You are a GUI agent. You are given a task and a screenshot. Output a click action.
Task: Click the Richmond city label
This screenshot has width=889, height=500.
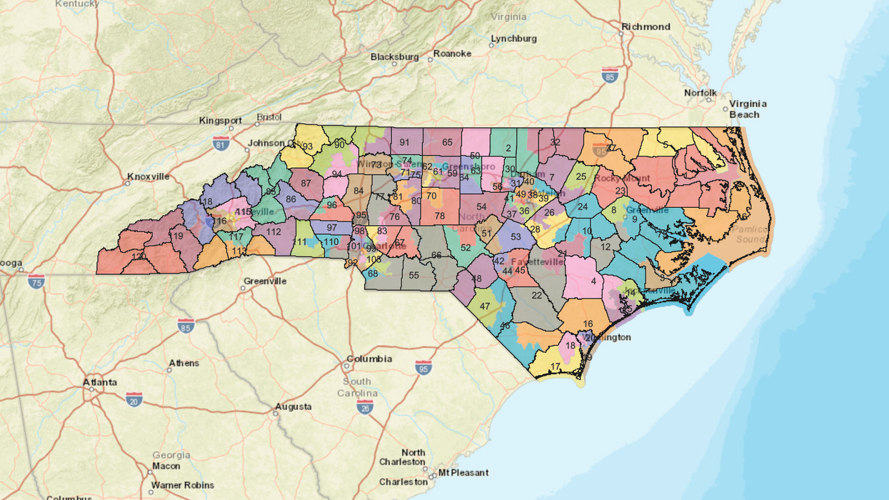[x=646, y=26]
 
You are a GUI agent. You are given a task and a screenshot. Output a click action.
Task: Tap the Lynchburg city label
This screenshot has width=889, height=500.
[x=513, y=39]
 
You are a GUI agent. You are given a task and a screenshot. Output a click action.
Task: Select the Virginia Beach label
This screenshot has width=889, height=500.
[x=744, y=109]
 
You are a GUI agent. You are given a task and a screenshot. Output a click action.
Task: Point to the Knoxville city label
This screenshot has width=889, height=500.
[x=149, y=176]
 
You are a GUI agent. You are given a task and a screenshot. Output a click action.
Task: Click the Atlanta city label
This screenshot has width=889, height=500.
[x=100, y=382]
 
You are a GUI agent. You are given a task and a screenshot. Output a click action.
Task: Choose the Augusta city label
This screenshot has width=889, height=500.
[x=293, y=406]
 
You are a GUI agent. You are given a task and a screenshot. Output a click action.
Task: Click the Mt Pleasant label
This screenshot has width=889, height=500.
[x=463, y=473]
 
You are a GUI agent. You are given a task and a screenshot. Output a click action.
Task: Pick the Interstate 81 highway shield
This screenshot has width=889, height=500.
[x=221, y=144]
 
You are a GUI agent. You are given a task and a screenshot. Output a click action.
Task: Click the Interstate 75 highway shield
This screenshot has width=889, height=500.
[x=36, y=281]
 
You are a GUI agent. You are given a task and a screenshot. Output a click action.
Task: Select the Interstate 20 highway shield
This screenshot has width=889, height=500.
[x=134, y=399]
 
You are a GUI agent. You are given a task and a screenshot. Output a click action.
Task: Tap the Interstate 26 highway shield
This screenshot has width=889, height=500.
[x=364, y=406]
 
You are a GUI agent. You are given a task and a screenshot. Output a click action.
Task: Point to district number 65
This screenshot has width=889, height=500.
[x=447, y=142]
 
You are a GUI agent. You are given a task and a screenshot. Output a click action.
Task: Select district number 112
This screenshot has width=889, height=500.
[x=274, y=231]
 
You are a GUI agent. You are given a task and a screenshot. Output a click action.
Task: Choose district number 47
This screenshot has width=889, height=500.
[x=485, y=306]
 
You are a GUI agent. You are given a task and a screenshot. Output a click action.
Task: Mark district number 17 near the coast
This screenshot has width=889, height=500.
[x=555, y=366]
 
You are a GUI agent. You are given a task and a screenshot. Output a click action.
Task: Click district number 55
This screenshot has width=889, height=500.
[x=413, y=275]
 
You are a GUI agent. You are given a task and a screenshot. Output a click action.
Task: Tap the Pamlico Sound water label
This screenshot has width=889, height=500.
[x=750, y=234]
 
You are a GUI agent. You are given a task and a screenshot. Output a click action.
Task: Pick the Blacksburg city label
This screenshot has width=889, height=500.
[x=394, y=56]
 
